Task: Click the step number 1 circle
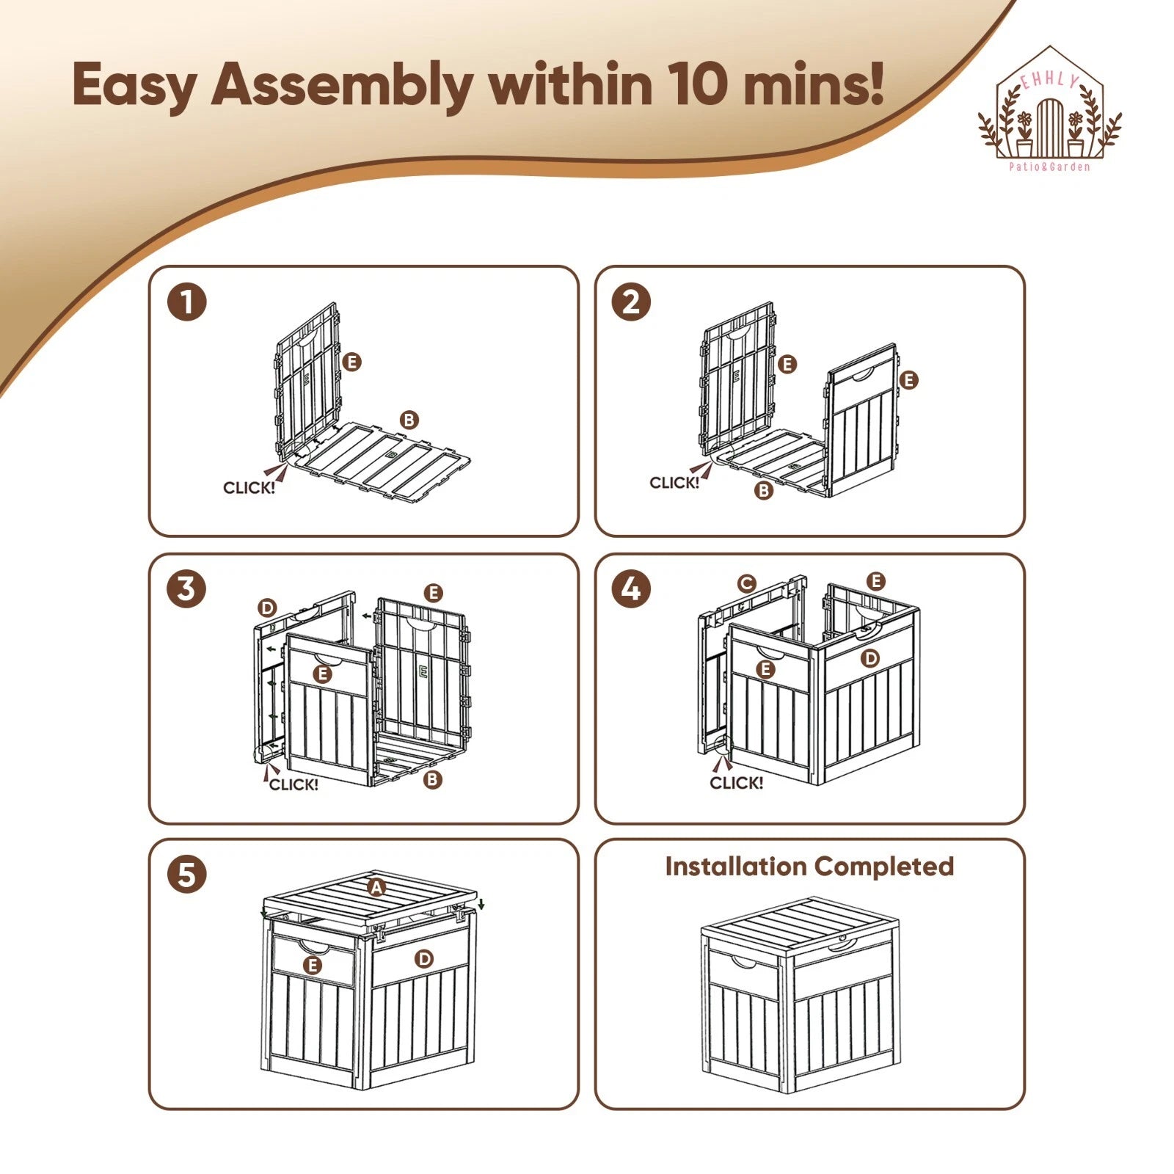187,302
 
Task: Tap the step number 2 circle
632,302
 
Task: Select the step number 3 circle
187,589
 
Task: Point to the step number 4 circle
632,589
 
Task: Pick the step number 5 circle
187,875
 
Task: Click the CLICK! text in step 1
249,488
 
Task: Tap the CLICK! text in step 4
736,783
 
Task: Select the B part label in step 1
409,420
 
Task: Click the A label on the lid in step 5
376,887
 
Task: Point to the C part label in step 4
746,583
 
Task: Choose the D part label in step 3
267,608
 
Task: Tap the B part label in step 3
433,779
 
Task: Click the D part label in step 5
424,958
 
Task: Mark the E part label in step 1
352,362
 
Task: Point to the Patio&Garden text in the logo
1049,167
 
